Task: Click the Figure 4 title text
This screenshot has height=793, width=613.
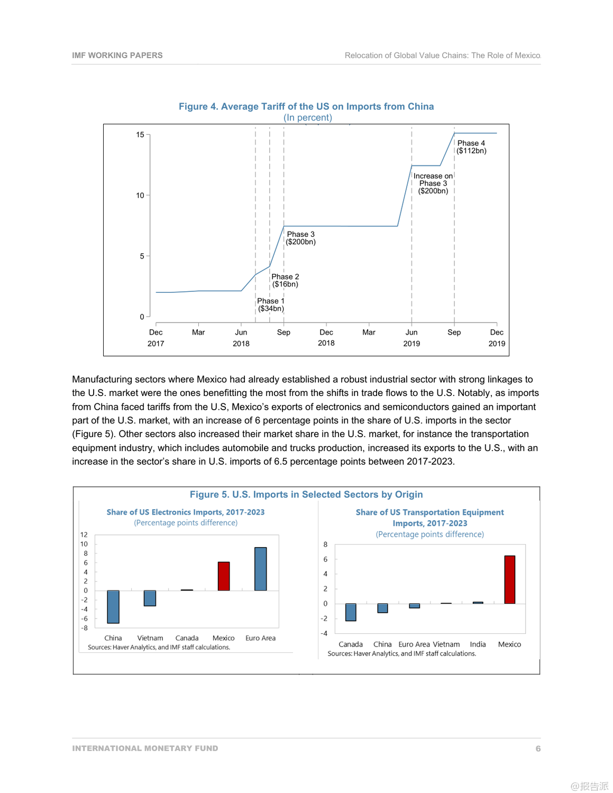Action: (x=306, y=106)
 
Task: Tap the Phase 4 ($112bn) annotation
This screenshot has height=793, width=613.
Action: (x=471, y=147)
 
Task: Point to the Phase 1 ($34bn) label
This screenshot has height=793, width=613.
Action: (x=271, y=305)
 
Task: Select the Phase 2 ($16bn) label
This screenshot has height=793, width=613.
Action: (x=285, y=281)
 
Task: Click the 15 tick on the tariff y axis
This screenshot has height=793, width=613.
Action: (x=140, y=135)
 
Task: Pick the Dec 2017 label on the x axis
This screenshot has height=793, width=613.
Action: (x=156, y=338)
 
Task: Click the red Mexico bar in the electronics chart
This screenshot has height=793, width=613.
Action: (x=224, y=576)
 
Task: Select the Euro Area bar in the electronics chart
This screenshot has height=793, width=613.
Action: (x=260, y=569)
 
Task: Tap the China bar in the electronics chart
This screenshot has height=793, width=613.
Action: (x=113, y=607)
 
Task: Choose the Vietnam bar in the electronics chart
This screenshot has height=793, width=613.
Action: (x=150, y=598)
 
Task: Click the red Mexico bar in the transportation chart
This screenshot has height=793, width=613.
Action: (x=509, y=579)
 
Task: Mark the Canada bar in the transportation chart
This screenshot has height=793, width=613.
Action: (x=351, y=612)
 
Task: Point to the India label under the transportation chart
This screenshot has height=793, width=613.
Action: (x=478, y=644)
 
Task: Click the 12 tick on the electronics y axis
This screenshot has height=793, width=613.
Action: (x=84, y=535)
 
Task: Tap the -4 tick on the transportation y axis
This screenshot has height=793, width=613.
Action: (x=324, y=633)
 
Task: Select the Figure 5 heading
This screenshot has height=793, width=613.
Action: (x=306, y=495)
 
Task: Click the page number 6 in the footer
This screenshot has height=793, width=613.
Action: (x=538, y=749)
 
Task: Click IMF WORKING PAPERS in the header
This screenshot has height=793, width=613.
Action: (x=117, y=56)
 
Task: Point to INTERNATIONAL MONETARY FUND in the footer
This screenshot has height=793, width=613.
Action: (x=145, y=749)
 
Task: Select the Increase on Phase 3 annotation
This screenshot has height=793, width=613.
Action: (x=433, y=183)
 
